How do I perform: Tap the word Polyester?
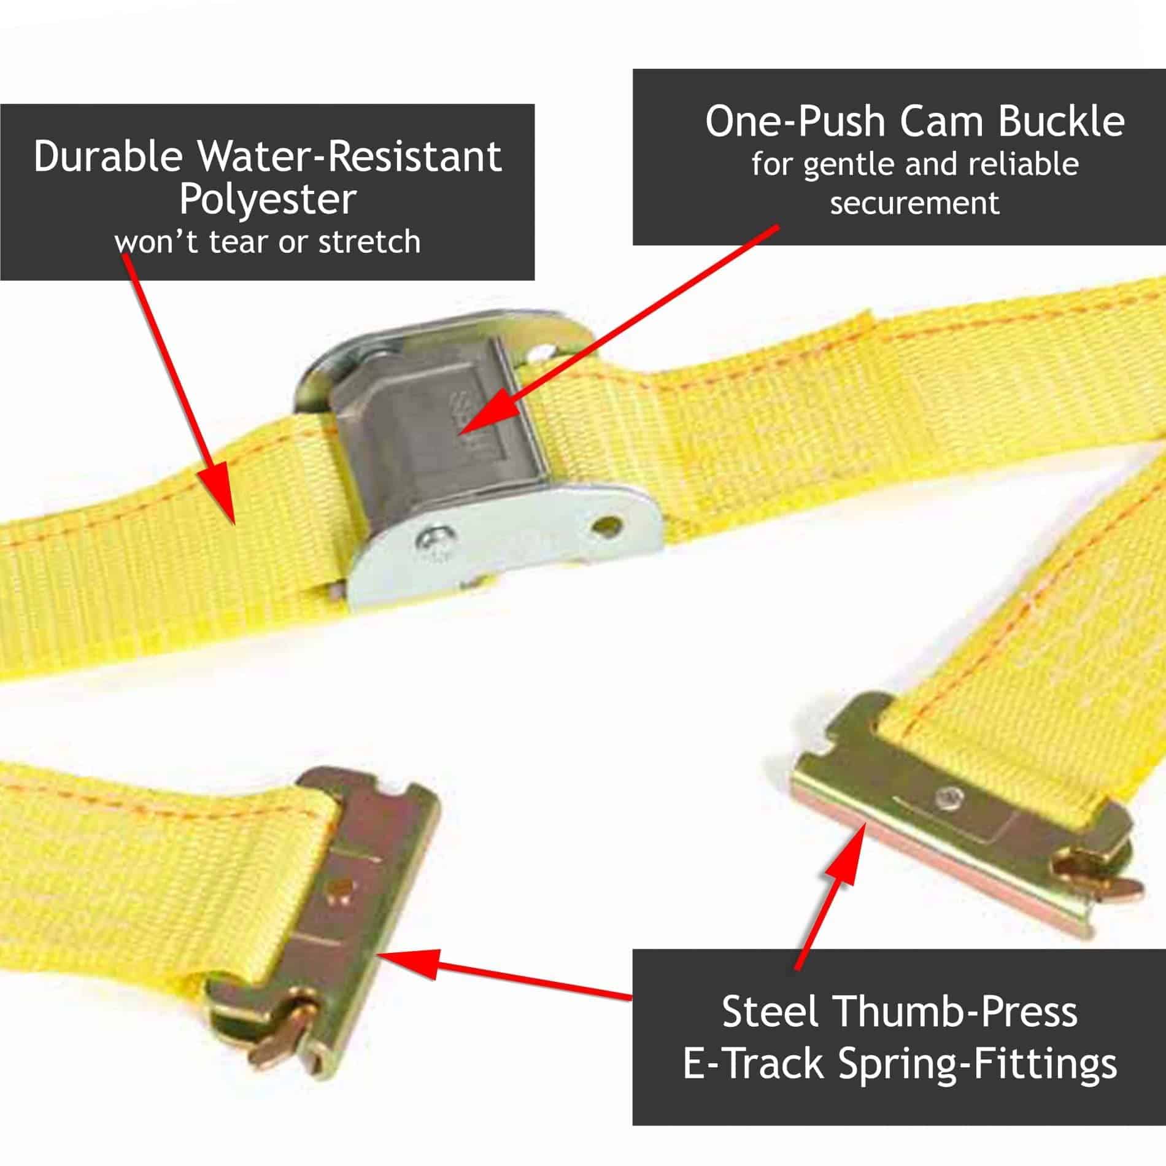(x=268, y=200)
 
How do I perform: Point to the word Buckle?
(x=1061, y=122)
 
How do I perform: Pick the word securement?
(x=914, y=203)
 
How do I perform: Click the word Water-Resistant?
(x=350, y=157)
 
